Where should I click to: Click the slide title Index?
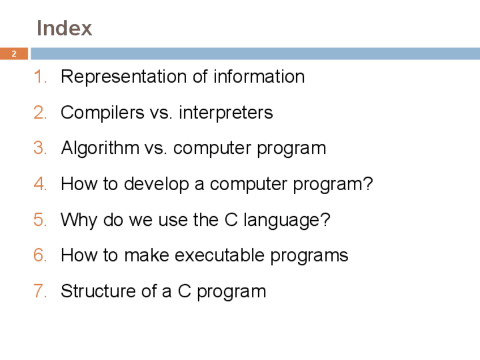pyautogui.click(x=65, y=28)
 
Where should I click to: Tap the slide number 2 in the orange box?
pyautogui.click(x=14, y=54)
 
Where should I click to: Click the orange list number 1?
pyautogui.click(x=40, y=76)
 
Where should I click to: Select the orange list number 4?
pyautogui.click(x=40, y=183)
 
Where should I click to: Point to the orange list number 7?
pyautogui.click(x=40, y=291)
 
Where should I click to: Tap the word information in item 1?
pyautogui.click(x=259, y=76)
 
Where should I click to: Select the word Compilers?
pyautogui.click(x=102, y=113)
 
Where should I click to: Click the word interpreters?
pyautogui.click(x=226, y=113)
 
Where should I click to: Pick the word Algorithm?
pyautogui.click(x=100, y=148)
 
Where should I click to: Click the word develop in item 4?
pyautogui.click(x=156, y=185)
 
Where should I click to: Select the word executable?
pyautogui.click(x=220, y=255)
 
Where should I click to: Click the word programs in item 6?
pyautogui.click(x=309, y=256)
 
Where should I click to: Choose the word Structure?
pyautogui.click(x=98, y=291)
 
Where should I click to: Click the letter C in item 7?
pyautogui.click(x=185, y=291)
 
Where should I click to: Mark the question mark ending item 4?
pyautogui.click(x=368, y=183)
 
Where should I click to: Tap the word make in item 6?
pyautogui.click(x=147, y=255)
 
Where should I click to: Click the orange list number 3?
pyautogui.click(x=40, y=148)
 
